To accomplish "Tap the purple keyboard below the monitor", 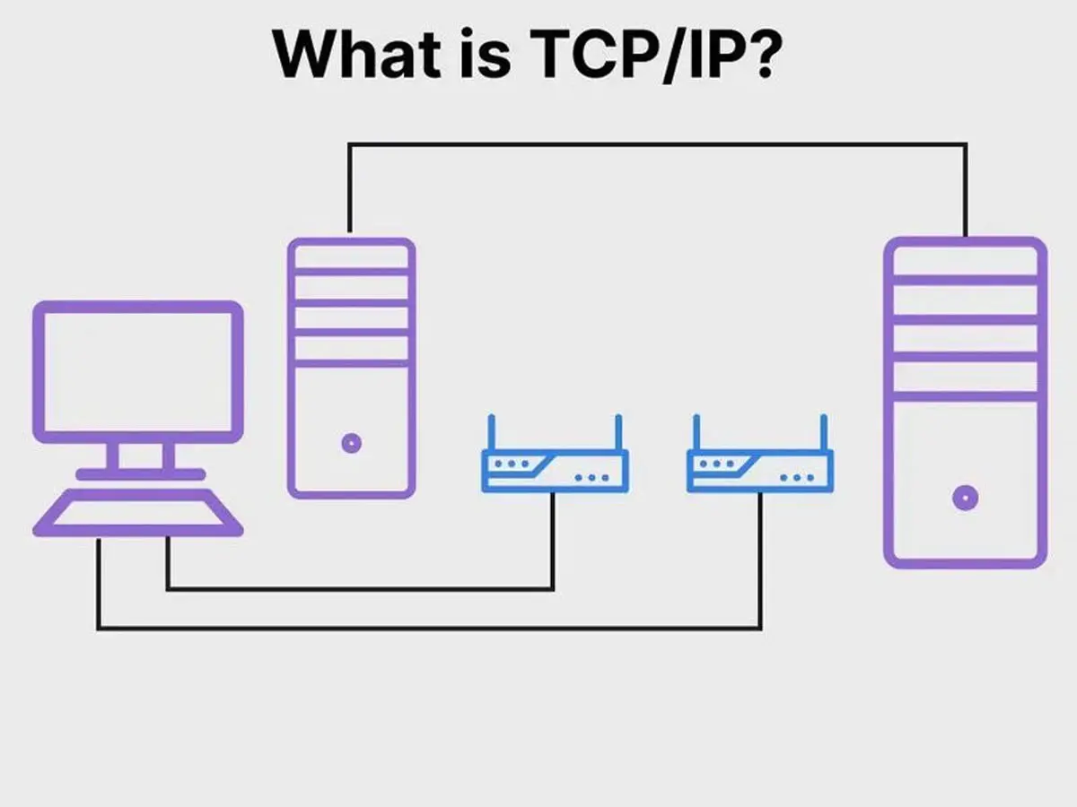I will pos(138,515).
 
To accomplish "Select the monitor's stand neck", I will pos(138,456).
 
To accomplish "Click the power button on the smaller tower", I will pos(351,442).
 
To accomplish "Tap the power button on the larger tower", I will pos(965,497).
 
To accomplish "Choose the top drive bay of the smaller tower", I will pos(351,257).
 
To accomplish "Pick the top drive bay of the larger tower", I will pos(965,261).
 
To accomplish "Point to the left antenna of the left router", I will pos(491,432).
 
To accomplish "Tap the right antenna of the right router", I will pos(824,432).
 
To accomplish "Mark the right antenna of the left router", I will pos(619,432).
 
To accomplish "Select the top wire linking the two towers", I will pos(655,143).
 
